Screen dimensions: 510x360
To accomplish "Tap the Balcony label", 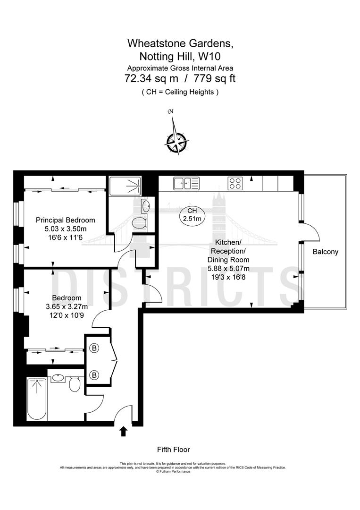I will click(x=326, y=252).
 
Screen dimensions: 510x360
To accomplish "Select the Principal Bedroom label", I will click(x=66, y=220).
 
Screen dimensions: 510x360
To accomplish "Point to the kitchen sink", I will click(x=185, y=183).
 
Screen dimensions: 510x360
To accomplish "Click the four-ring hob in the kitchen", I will click(x=235, y=183).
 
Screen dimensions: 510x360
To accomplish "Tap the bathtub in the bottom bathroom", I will click(x=36, y=399).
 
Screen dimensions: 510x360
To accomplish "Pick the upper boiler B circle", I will click(x=94, y=348).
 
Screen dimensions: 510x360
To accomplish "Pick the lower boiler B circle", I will click(x=94, y=375).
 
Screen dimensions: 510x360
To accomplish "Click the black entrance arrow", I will click(x=124, y=431).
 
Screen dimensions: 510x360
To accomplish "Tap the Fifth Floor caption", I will click(x=173, y=450).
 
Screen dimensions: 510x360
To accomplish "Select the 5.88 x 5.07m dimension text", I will click(x=228, y=268).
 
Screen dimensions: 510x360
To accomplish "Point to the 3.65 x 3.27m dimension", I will click(x=67, y=306).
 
